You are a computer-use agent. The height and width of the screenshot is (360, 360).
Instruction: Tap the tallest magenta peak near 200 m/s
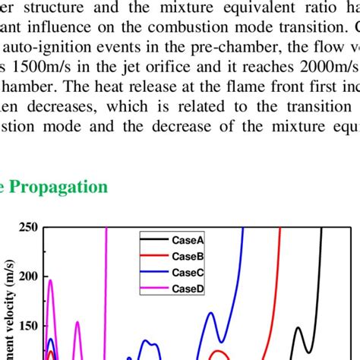point(50,281)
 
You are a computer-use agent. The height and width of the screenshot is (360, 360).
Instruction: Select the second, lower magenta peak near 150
point(77,323)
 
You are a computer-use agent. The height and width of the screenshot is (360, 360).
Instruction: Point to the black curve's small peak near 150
point(298,328)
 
